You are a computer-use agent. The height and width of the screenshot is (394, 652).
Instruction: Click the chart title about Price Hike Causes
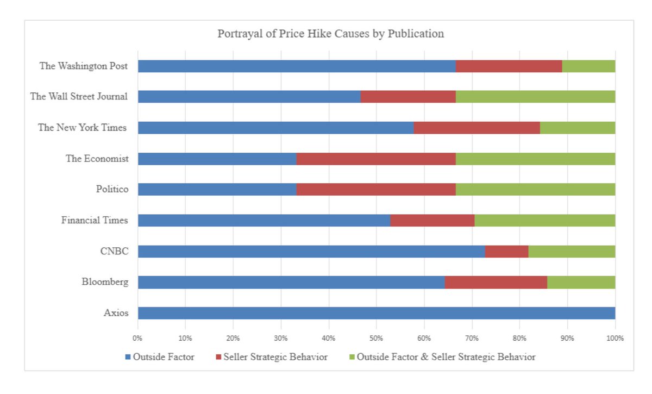[330, 34]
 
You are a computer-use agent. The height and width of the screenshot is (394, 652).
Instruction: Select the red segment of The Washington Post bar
[509, 66]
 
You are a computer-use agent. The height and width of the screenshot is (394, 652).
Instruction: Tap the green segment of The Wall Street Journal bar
[535, 97]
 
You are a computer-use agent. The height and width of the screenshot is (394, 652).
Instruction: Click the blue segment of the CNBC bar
[311, 252]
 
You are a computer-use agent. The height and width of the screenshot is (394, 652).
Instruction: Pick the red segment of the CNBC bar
[506, 252]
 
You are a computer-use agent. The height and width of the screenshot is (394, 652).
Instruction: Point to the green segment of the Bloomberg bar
[581, 283]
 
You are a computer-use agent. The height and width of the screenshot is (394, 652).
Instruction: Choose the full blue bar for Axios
[376, 313]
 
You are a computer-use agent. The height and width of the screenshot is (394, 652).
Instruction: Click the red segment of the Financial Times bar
[432, 220]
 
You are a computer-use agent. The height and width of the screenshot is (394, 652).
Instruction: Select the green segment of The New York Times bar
[578, 128]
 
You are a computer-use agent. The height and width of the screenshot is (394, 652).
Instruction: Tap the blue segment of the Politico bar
[217, 189]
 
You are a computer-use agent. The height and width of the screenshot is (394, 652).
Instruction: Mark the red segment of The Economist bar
[376, 159]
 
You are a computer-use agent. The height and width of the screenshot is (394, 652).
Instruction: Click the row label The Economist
[97, 159]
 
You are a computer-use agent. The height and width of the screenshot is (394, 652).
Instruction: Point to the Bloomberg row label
[105, 282]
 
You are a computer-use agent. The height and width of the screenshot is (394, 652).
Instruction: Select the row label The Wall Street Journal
[79, 97]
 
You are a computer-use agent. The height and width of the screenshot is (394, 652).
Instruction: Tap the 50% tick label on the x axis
[376, 338]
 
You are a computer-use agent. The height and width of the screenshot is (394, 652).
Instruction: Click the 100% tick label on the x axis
[615, 338]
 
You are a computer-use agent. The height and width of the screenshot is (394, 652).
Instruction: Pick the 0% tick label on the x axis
[138, 338]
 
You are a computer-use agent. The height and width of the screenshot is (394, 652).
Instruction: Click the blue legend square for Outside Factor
[128, 357]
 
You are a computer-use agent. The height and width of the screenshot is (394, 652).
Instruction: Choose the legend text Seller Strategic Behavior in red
[276, 357]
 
